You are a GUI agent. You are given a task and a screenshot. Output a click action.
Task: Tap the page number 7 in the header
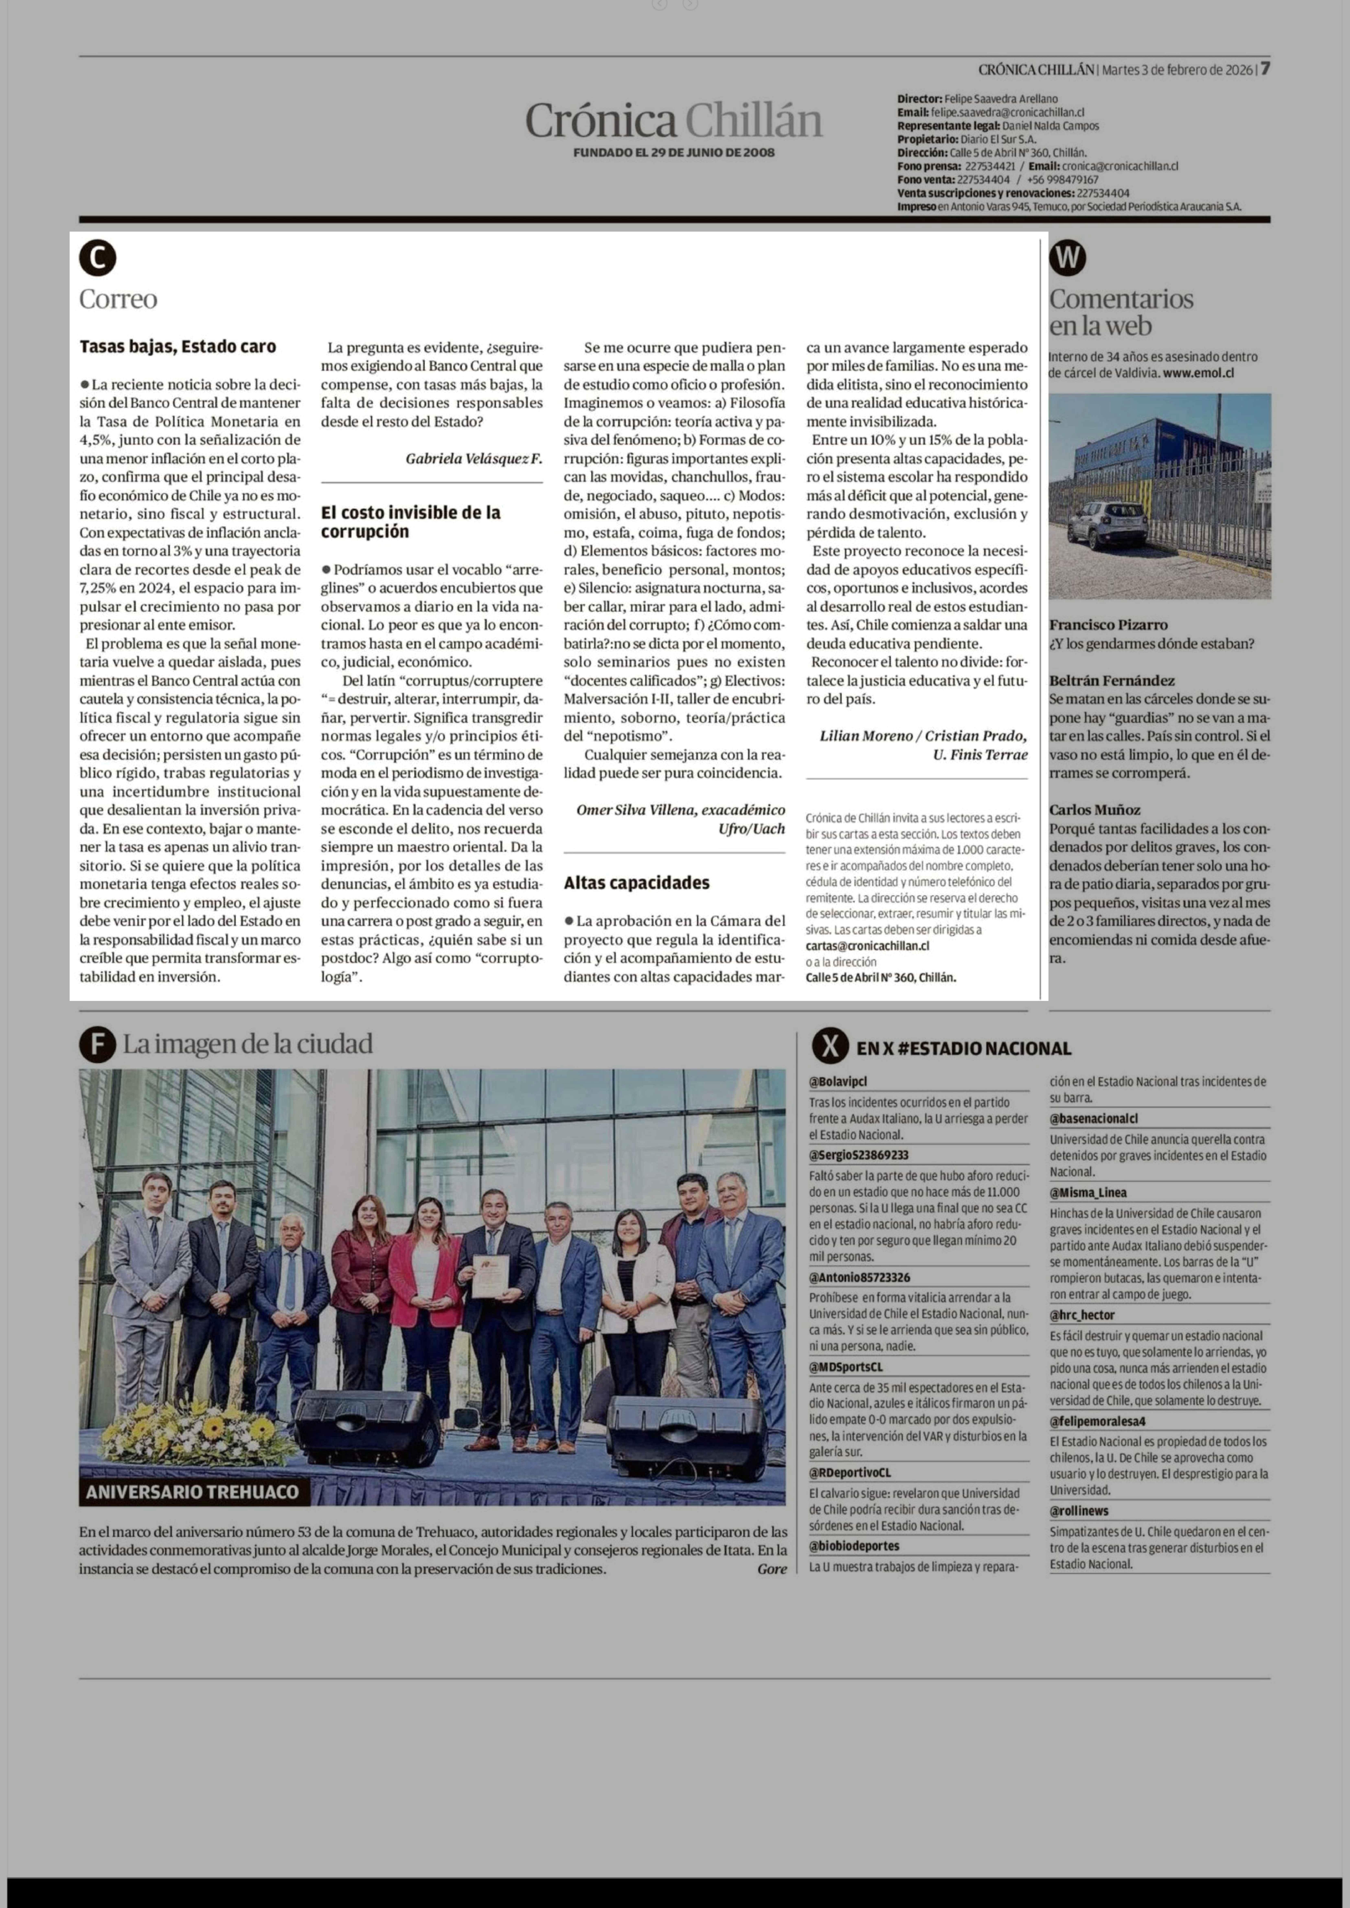click(1264, 69)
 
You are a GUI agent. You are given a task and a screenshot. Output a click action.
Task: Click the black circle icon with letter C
click(97, 258)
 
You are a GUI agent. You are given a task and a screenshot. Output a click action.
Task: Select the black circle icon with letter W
click(1067, 258)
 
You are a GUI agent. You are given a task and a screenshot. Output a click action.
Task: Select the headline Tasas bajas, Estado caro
click(178, 347)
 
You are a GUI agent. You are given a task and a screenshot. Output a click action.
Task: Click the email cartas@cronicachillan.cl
click(867, 946)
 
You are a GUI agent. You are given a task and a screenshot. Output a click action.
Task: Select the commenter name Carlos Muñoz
click(1094, 809)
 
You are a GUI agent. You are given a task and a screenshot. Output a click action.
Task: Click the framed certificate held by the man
click(490, 1276)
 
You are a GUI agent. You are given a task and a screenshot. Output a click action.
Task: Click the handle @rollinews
click(1078, 1511)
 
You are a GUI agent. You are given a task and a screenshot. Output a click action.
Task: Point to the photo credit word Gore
click(771, 1569)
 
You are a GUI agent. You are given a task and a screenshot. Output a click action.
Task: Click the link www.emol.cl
click(1198, 373)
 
